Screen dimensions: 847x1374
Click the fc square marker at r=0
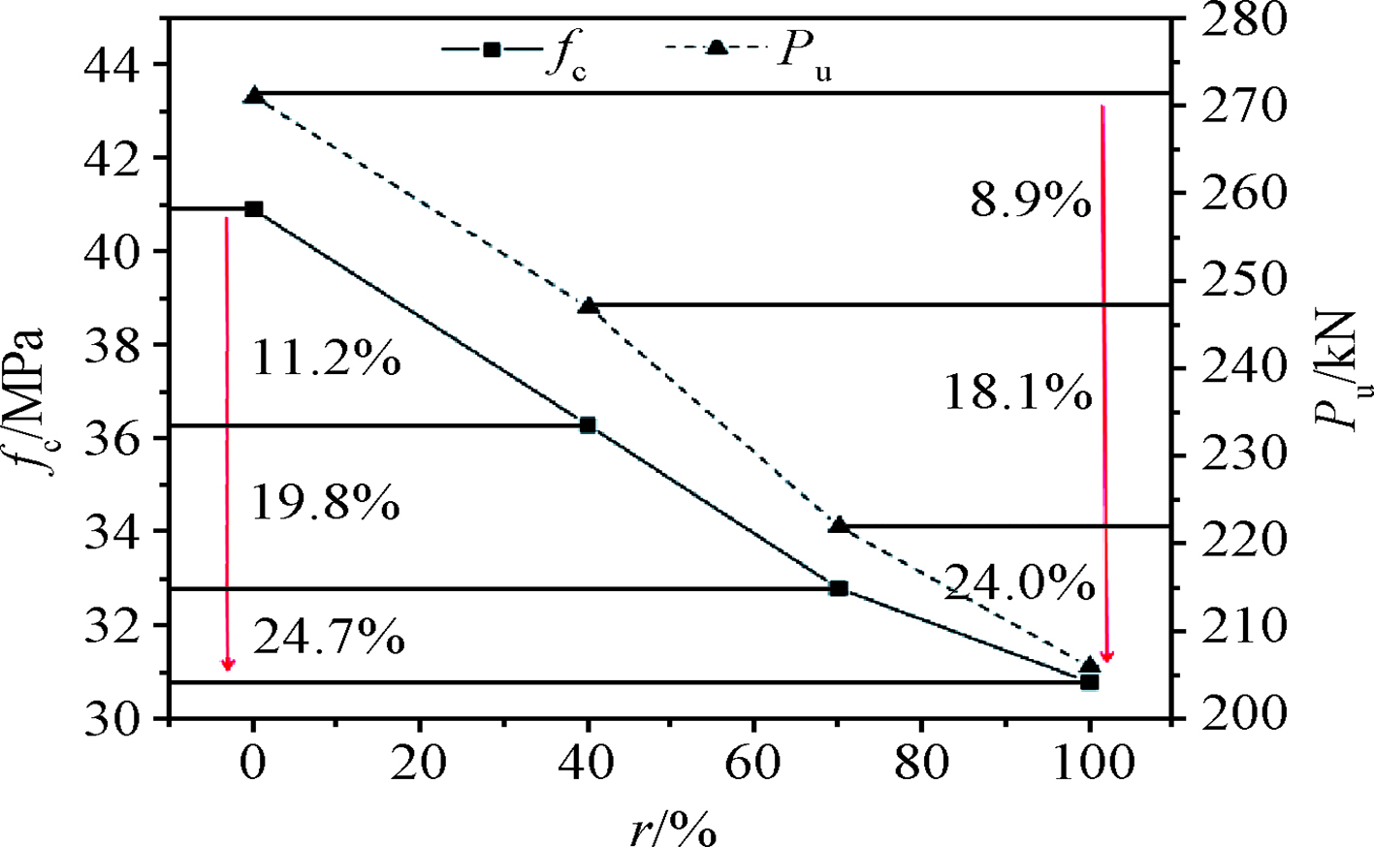pyautogui.click(x=254, y=209)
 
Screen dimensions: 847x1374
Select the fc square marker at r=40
pyautogui.click(x=588, y=425)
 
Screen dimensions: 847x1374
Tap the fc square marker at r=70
pyautogui.click(x=839, y=588)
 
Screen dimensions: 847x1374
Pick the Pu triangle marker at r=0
pyautogui.click(x=254, y=96)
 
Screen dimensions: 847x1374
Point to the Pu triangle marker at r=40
pyautogui.click(x=588, y=306)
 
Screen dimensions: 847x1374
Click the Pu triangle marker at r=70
pyautogui.click(x=840, y=525)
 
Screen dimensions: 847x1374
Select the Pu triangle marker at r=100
pyautogui.click(x=1090, y=665)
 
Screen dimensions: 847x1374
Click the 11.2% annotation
pyautogui.click(x=326, y=361)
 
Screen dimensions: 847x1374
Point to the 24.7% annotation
pyautogui.click(x=329, y=638)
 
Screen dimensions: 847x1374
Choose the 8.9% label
pyautogui.click(x=1030, y=202)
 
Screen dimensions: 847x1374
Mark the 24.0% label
pyautogui.click(x=1019, y=583)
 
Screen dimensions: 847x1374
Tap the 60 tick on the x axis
pyautogui.click(x=753, y=764)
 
